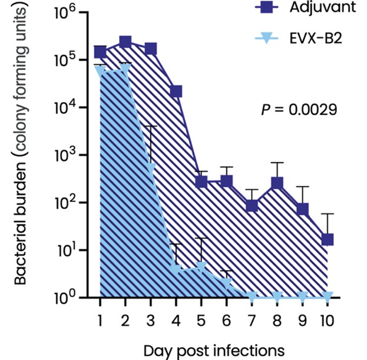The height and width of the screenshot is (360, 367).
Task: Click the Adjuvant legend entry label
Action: click(323, 8)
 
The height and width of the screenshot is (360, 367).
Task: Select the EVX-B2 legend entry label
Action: click(316, 38)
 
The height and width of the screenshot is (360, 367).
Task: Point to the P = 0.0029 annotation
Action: click(299, 110)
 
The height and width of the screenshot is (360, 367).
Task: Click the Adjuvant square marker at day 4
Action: click(176, 91)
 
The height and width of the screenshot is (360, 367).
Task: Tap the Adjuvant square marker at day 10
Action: click(328, 239)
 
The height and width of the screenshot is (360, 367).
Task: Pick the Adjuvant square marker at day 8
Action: click(277, 183)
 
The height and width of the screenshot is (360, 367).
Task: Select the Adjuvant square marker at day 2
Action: click(125, 42)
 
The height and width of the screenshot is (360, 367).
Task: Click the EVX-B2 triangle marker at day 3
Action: click(151, 167)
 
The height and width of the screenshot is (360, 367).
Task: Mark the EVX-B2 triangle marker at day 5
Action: click(201, 267)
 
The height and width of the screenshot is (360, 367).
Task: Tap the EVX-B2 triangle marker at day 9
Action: click(302, 297)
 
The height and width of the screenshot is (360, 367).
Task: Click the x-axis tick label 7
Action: click(252, 320)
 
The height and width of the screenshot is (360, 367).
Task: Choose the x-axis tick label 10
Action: click(327, 320)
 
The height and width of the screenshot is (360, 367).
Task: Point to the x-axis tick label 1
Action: click(100, 320)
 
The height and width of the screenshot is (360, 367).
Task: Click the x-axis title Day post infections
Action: click(214, 351)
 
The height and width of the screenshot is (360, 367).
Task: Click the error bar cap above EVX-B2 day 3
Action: click(151, 126)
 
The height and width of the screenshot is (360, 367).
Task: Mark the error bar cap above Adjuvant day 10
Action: click(328, 214)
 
